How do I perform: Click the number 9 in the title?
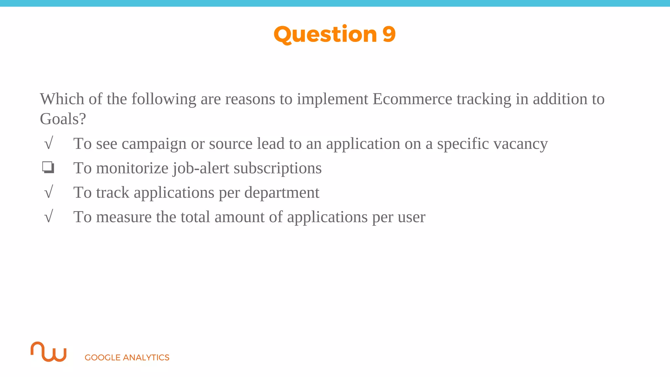(389, 34)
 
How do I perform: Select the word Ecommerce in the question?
(412, 99)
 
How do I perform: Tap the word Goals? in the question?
(62, 119)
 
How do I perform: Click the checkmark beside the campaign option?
(48, 144)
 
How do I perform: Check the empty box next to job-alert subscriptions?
(48, 168)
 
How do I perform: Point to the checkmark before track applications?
(48, 192)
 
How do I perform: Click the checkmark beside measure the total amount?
(48, 217)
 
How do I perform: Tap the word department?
(282, 192)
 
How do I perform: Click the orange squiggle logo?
(48, 352)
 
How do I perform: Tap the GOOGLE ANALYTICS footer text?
(127, 357)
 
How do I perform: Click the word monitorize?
(132, 168)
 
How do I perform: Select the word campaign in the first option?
(154, 144)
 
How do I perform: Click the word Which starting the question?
(62, 99)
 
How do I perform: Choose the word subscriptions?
(277, 168)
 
